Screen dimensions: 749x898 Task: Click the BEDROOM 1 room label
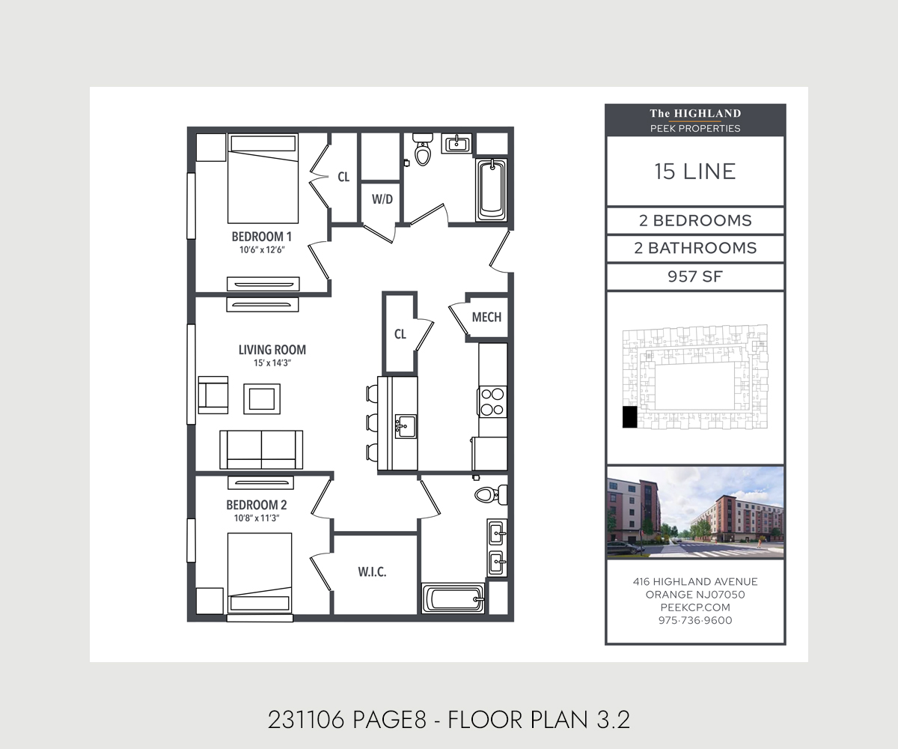[x=257, y=237]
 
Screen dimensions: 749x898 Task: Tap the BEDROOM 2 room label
[x=257, y=505]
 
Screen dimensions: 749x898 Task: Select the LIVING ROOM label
[x=272, y=350]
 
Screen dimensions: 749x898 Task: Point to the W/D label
[x=382, y=199]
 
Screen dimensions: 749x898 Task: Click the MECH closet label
[x=486, y=317]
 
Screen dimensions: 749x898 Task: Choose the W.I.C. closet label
[x=372, y=572]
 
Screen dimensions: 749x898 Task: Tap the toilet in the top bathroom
[x=423, y=152]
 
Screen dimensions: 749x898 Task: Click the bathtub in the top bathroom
[x=492, y=189]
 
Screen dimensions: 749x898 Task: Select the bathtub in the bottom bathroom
[x=453, y=599]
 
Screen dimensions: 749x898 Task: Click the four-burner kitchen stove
[x=492, y=401]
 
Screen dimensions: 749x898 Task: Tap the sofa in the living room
[x=261, y=449]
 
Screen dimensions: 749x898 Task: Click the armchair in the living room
[x=213, y=394]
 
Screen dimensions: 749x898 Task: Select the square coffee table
[x=262, y=398]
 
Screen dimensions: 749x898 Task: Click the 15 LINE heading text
[x=694, y=172]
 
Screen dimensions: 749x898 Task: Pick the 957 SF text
[x=694, y=276]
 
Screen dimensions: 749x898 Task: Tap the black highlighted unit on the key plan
[x=630, y=417]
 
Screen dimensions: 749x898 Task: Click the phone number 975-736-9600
[x=694, y=620]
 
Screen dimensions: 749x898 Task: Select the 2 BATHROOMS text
[x=694, y=248]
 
